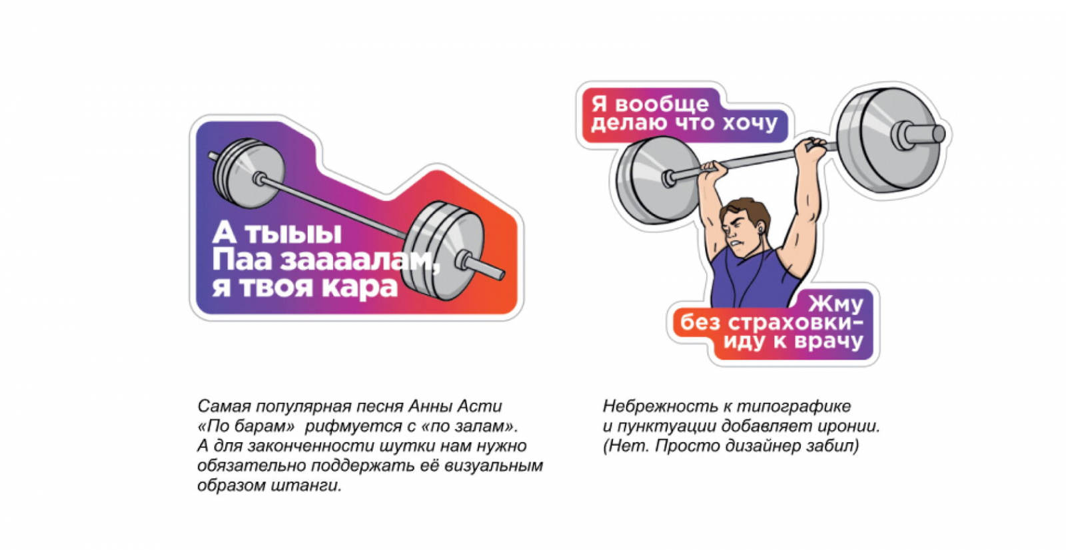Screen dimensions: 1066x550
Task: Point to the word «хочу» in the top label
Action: (750, 123)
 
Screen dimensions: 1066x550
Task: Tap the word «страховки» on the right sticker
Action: (794, 322)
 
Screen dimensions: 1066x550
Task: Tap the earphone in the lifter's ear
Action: (760, 231)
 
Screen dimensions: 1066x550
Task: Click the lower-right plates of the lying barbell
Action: (442, 251)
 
